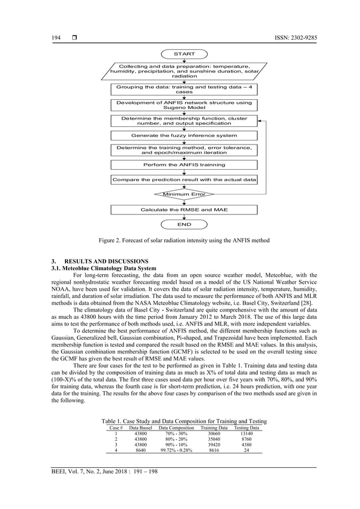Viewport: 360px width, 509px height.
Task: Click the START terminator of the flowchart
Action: coord(184,54)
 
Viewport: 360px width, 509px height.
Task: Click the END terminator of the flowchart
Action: coord(184,224)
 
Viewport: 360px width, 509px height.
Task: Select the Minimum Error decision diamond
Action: coord(185,194)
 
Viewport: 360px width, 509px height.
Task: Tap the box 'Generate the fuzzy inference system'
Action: coord(184,135)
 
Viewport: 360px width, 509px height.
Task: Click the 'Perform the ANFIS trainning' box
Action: coord(184,165)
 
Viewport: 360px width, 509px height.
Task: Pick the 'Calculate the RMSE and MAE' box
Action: coord(184,209)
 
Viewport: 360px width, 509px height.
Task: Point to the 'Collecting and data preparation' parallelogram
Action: coord(184,72)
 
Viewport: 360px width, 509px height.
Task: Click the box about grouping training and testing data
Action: coord(184,90)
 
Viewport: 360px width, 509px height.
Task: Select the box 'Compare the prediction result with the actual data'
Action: coord(184,179)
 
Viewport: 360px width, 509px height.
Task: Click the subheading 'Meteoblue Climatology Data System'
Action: coord(102,269)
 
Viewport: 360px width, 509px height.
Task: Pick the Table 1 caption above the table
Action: coord(183,422)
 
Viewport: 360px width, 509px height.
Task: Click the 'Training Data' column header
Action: coord(214,428)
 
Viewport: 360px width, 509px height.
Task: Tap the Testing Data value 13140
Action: coord(247,434)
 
